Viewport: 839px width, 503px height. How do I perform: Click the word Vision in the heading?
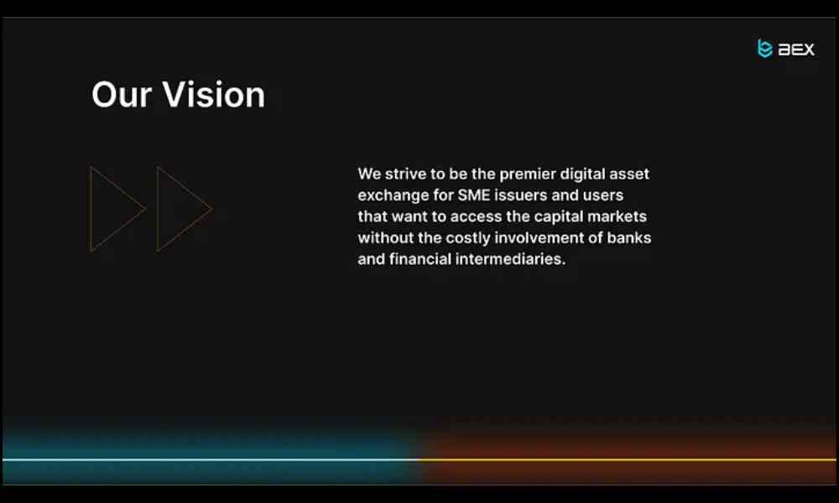(213, 95)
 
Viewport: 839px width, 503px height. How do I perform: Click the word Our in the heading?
(122, 95)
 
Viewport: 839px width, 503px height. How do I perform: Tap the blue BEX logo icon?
(764, 48)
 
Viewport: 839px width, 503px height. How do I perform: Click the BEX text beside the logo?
(796, 49)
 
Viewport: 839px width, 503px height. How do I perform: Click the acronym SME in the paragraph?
(473, 195)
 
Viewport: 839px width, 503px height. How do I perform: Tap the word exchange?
(393, 195)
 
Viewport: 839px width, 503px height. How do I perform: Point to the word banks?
(628, 238)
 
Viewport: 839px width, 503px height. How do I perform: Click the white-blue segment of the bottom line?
(211, 459)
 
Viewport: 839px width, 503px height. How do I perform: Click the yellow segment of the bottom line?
(627, 459)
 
